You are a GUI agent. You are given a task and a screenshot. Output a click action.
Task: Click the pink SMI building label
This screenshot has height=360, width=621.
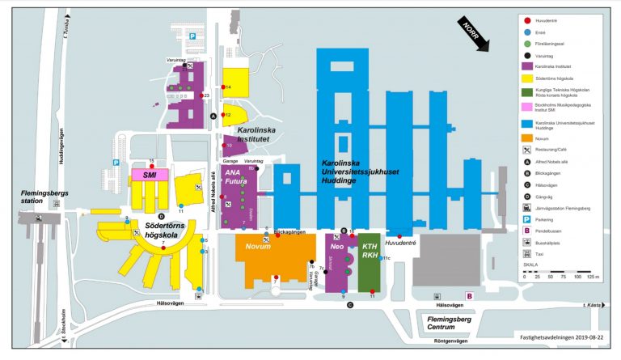(149, 174)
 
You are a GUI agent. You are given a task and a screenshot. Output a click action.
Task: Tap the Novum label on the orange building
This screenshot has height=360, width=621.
(258, 245)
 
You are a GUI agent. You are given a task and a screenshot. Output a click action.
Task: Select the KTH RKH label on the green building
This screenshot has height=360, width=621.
(370, 250)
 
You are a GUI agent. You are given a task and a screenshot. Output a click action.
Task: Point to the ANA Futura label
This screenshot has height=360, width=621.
(235, 177)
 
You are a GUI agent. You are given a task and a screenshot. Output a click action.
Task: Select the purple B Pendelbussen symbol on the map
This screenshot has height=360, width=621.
(468, 297)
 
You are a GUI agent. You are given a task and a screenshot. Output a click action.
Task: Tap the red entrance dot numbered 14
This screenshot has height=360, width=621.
(224, 87)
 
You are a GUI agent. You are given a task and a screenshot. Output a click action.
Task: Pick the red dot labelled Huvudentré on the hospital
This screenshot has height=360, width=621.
(399, 236)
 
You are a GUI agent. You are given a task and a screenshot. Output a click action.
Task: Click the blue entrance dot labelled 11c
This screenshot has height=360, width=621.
(382, 258)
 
